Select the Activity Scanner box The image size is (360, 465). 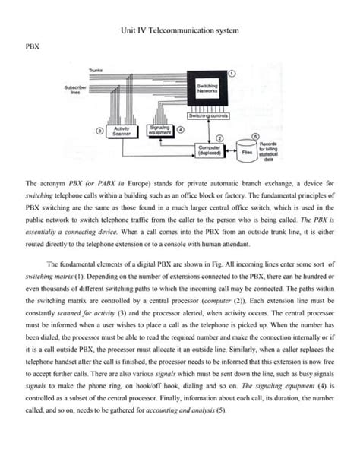click(x=122, y=131)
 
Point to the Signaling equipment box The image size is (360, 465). click(x=159, y=131)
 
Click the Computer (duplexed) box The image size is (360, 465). click(x=209, y=150)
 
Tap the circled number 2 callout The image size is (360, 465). click(x=220, y=137)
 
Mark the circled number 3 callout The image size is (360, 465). click(x=100, y=131)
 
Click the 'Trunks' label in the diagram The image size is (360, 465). click(x=96, y=70)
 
